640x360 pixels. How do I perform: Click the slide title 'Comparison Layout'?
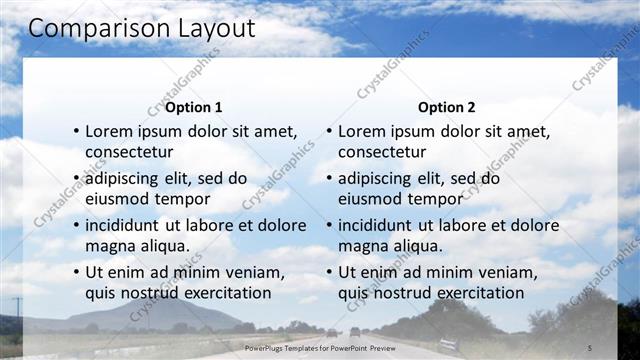141,28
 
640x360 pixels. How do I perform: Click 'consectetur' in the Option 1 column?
129,152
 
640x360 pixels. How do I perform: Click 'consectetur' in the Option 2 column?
382,152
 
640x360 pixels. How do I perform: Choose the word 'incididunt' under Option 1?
128,225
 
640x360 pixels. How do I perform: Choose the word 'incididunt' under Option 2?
381,225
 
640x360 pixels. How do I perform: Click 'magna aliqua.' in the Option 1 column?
136,246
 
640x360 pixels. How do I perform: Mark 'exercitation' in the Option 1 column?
222,293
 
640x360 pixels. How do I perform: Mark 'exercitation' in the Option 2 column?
475,293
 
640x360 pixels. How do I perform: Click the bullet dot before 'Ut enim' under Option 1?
75,273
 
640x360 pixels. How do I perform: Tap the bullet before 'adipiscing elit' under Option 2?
328,179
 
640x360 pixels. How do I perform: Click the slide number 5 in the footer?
589,347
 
